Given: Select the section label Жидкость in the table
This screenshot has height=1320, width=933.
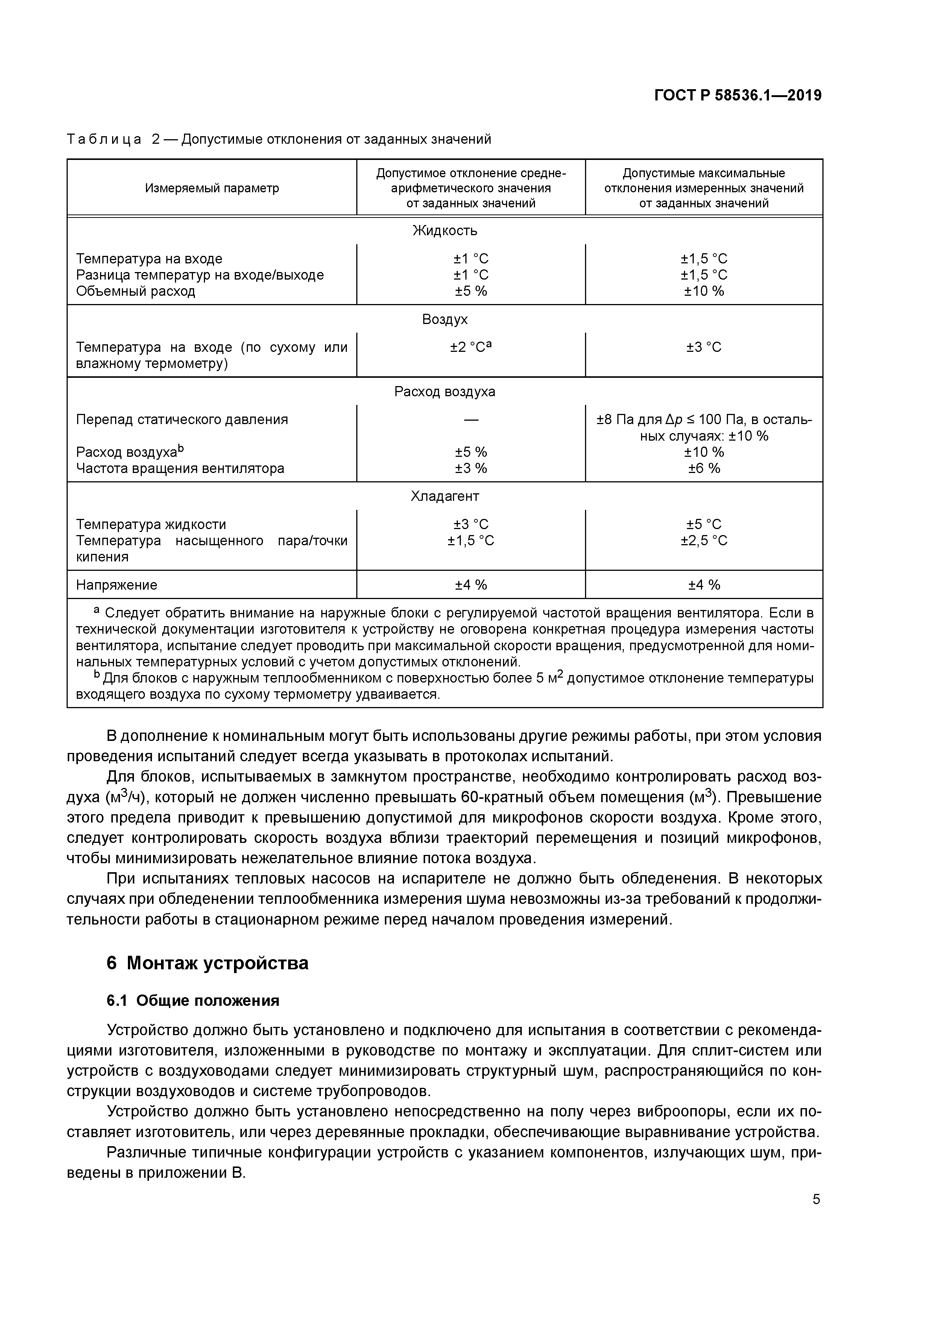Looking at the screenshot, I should point(444,231).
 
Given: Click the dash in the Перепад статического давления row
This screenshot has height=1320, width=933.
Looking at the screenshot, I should point(470,420).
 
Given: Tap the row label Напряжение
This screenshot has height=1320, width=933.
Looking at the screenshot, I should point(117,585).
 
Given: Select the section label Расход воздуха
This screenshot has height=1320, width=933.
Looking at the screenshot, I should point(444,391).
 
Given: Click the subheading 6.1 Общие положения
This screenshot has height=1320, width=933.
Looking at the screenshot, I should point(193,1001).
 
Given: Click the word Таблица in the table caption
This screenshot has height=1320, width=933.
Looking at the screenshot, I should point(104,139).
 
